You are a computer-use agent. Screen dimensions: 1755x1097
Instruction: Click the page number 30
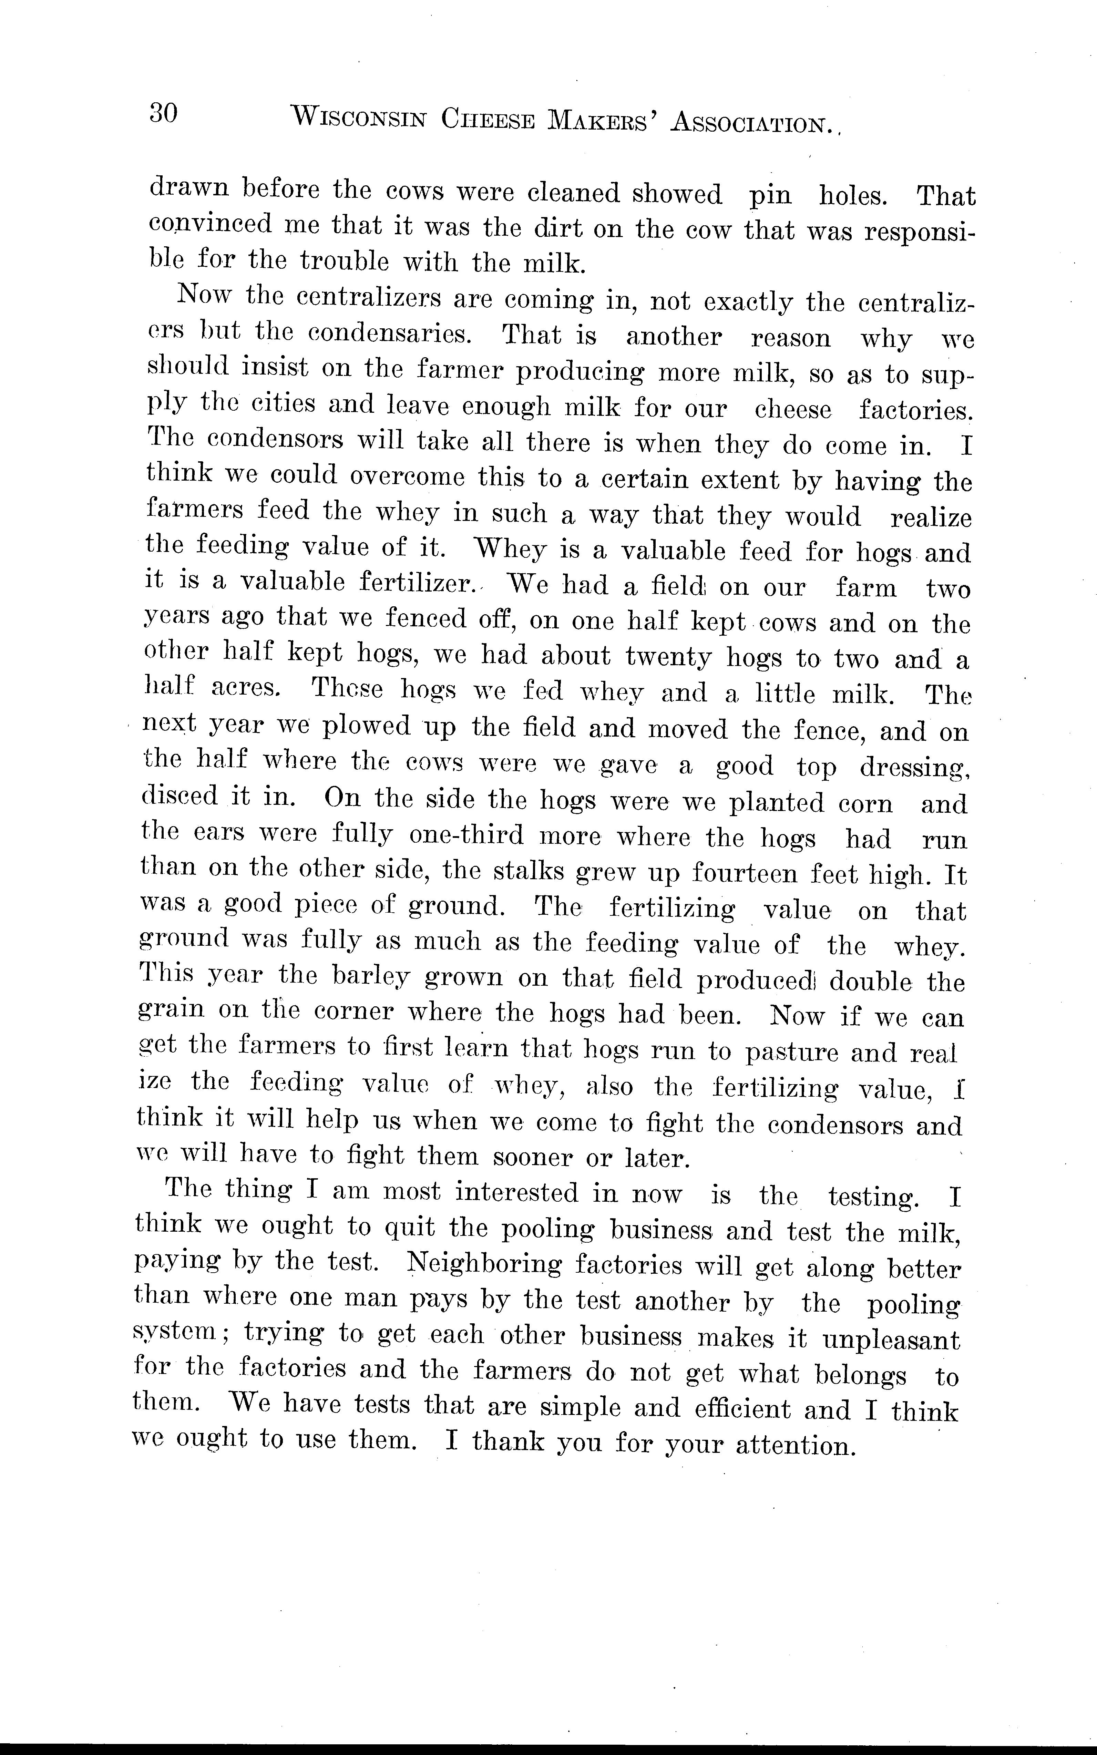[163, 114]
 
